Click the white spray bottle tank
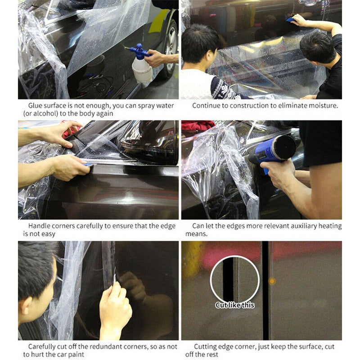(142, 70)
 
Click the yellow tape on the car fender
(158, 21)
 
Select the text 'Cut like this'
(235, 305)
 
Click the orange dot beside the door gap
(272, 281)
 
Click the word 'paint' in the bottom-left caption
(76, 354)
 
